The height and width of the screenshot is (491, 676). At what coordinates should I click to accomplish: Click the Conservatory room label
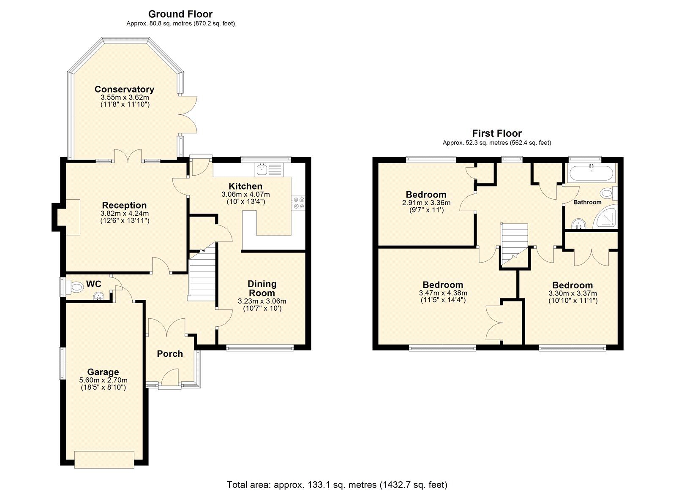tap(124, 89)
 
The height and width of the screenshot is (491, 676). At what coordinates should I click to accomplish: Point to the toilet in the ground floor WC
tap(76, 288)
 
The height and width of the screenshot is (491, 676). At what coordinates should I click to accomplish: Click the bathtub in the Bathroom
tap(590, 174)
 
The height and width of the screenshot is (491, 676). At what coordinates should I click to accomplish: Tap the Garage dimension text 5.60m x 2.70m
tap(103, 380)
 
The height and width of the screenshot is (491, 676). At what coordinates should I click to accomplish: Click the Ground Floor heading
tap(180, 14)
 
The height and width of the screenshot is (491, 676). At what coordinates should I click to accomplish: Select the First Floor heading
tap(497, 133)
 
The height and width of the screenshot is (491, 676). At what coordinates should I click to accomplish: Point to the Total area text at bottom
tap(337, 485)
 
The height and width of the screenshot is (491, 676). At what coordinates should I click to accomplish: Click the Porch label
tap(170, 354)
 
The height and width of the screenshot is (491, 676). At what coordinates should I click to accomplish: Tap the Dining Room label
tap(262, 288)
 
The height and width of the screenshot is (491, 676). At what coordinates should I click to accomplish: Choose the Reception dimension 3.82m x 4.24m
tap(125, 213)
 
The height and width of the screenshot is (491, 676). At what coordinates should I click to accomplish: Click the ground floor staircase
tap(202, 274)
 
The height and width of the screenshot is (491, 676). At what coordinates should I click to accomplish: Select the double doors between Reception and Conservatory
tap(128, 156)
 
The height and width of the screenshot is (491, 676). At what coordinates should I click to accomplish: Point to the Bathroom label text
tap(587, 202)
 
